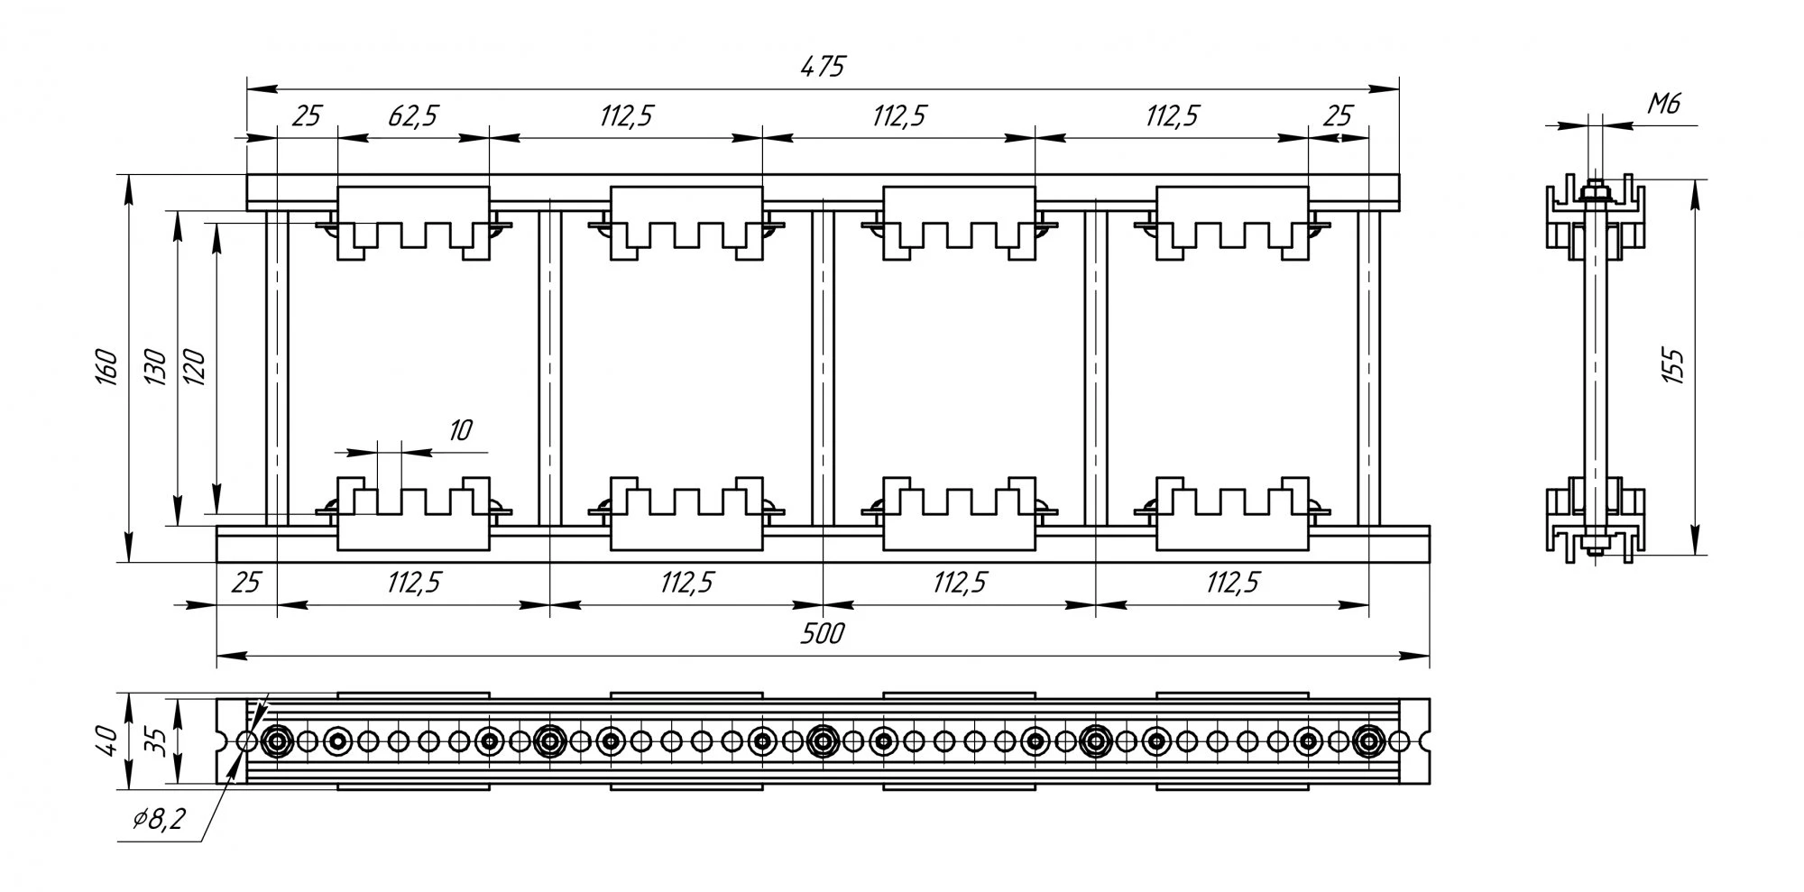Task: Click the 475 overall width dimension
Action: pos(822,68)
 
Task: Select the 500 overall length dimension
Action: pos(822,634)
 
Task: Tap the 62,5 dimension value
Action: pos(413,116)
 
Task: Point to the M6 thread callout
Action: pos(1663,106)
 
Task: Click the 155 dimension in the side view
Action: pos(1673,365)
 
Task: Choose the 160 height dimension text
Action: pos(106,367)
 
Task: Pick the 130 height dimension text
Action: pos(155,367)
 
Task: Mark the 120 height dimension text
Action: pos(195,367)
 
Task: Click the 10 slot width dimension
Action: pos(459,430)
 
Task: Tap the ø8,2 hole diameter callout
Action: pos(159,819)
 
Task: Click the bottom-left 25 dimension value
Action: pos(245,583)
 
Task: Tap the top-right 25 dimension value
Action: pos(1339,116)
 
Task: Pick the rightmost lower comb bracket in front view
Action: pos(1232,514)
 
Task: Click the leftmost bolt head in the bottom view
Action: pos(277,741)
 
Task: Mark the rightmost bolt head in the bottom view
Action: pos(1368,741)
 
